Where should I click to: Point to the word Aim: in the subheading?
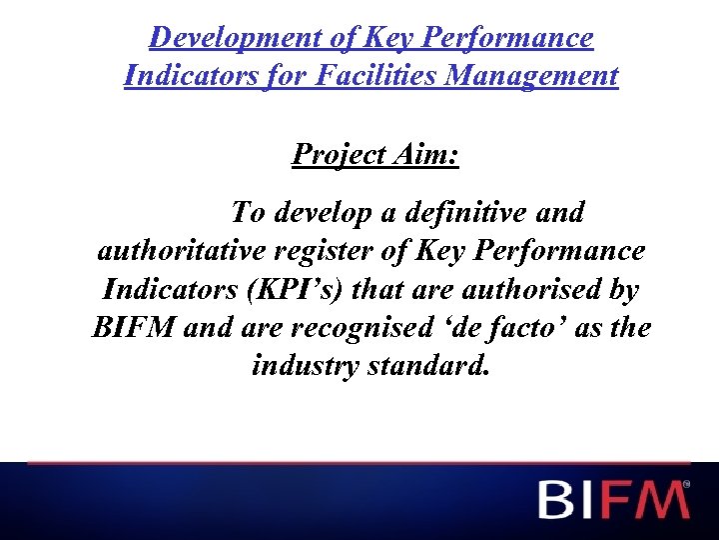pyautogui.click(x=428, y=154)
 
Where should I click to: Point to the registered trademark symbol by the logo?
pyautogui.click(x=686, y=484)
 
